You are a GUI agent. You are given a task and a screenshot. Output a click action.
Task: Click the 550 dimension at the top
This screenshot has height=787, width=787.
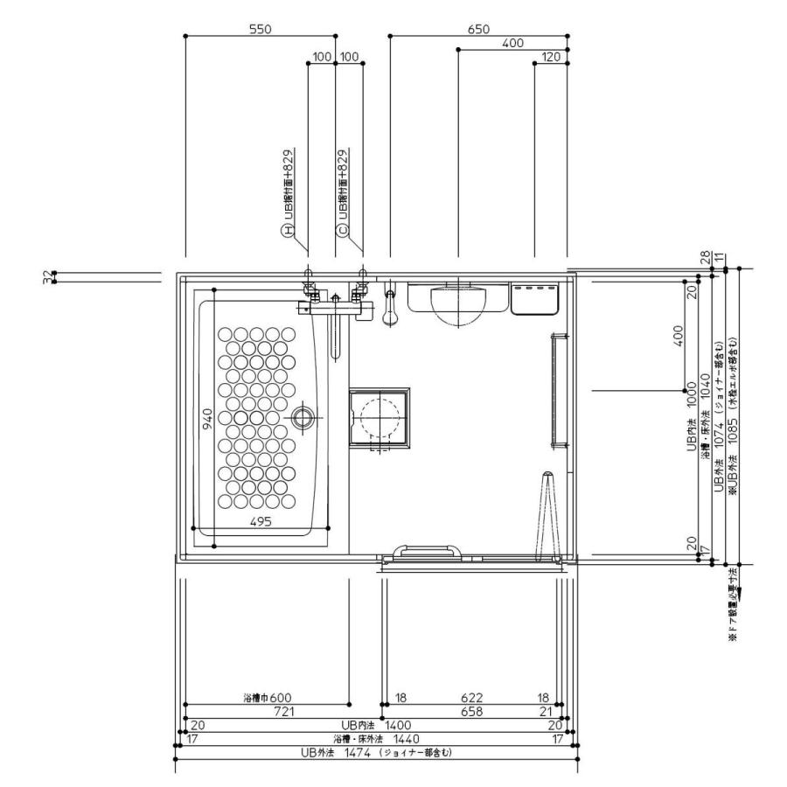pos(261,29)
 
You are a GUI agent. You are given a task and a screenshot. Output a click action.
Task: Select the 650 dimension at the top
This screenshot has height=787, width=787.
pos(478,29)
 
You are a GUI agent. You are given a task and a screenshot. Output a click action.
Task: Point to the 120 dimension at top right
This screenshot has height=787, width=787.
pos(550,57)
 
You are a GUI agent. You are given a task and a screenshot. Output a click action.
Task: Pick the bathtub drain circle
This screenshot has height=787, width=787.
pos(303,417)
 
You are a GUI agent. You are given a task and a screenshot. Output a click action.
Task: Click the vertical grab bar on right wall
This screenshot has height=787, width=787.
pos(553,390)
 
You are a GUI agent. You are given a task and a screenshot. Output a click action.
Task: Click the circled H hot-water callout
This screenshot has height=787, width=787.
pos(285,231)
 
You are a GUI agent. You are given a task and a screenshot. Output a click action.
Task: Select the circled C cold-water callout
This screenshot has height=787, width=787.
pos(343,231)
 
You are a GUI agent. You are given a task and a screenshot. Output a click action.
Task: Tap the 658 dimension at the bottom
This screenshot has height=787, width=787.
pos(472,712)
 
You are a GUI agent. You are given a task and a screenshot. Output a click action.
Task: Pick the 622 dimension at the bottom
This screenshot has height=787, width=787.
pos(472,698)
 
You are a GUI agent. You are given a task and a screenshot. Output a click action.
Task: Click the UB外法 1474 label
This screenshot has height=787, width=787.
pos(332,752)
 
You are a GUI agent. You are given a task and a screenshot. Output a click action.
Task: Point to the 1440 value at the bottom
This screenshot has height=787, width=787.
pos(403,739)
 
